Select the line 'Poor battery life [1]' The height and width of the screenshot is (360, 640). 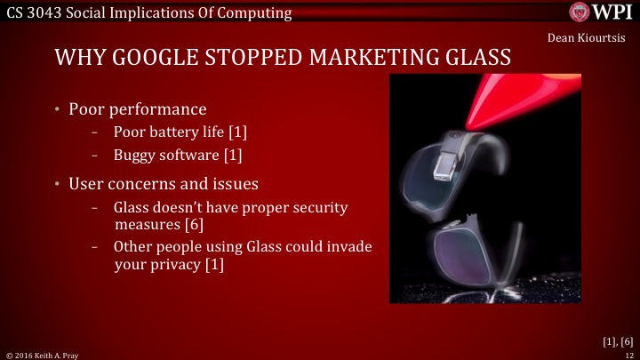pyautogui.click(x=180, y=132)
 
